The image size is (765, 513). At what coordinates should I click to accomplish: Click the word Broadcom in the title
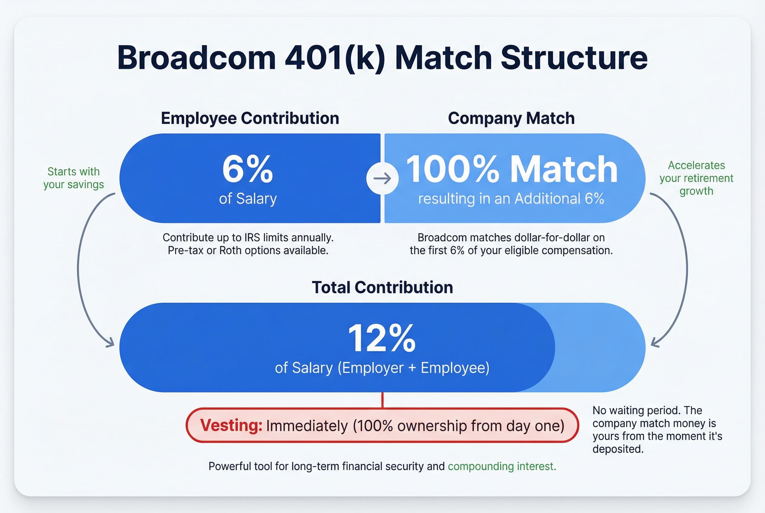196,58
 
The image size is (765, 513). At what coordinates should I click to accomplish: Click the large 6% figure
248,169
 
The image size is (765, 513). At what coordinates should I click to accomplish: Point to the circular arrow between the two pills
382,178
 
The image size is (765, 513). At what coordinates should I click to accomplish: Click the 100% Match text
511,169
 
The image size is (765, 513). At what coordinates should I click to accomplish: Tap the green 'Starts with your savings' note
74,178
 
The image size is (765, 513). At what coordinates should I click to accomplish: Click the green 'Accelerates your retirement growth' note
696,178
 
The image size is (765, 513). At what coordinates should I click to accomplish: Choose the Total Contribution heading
382,287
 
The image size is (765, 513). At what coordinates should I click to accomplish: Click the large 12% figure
382,338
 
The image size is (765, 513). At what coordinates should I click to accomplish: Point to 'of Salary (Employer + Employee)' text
382,368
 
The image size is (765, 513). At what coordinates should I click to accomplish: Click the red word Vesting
231,425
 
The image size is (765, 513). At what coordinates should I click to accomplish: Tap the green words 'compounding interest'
501,466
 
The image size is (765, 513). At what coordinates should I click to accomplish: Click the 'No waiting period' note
657,429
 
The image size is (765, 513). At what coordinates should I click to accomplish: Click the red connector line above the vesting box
382,400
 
